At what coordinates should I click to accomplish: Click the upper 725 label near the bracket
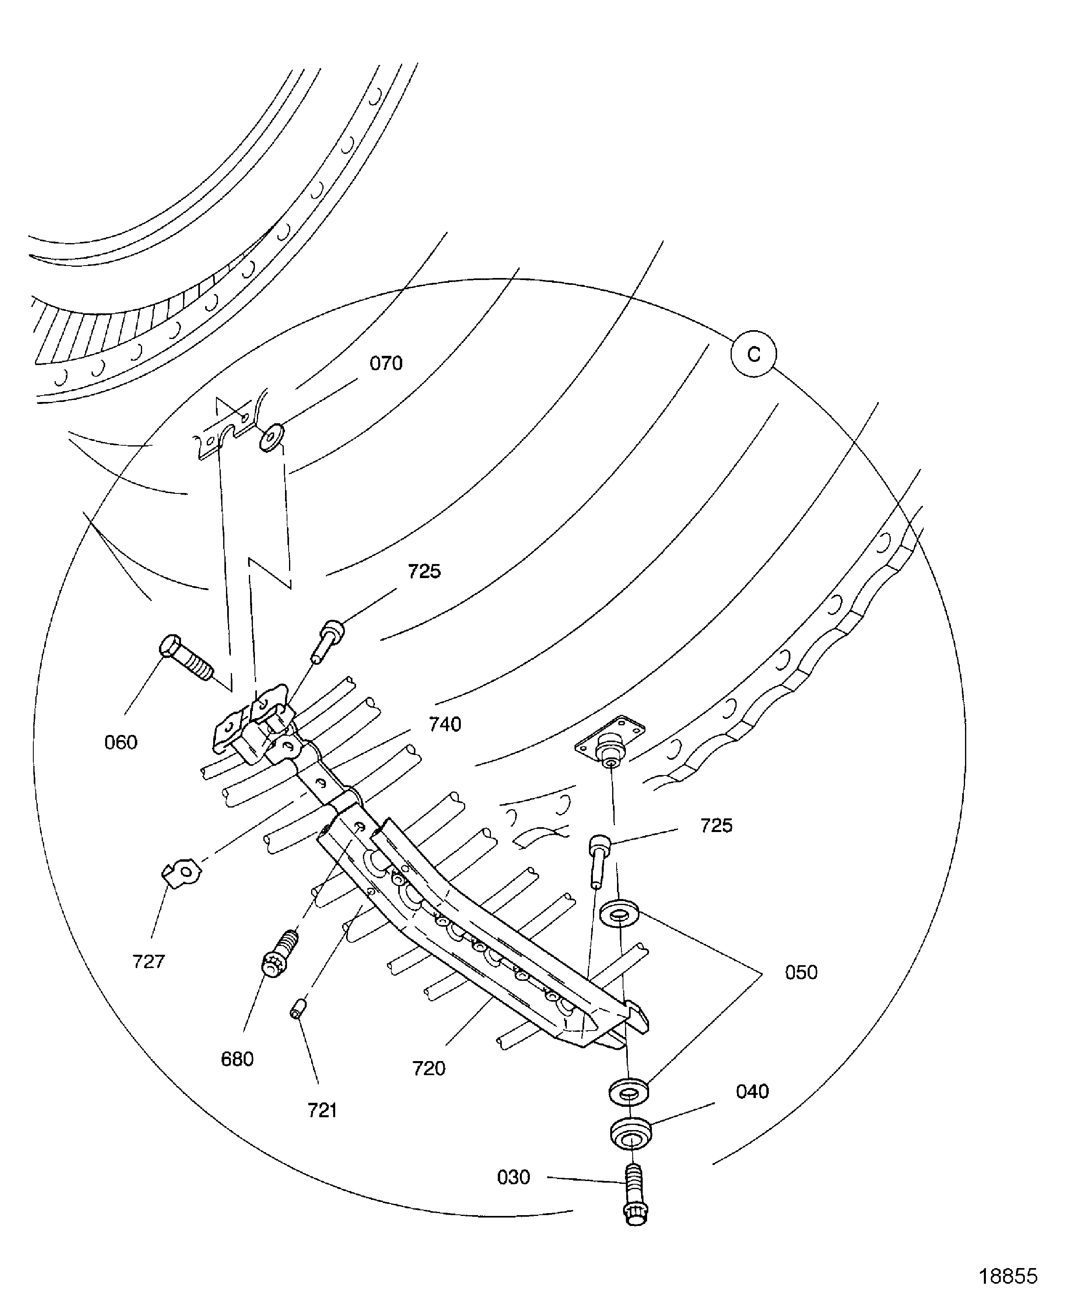(x=424, y=571)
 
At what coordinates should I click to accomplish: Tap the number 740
(x=445, y=725)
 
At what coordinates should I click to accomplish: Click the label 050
(x=801, y=972)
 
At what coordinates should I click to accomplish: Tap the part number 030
(x=513, y=1177)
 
